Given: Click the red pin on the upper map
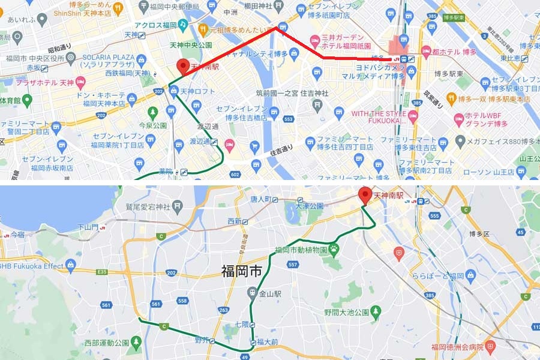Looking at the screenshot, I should (x=183, y=67).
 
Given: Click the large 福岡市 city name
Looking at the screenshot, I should (x=241, y=271).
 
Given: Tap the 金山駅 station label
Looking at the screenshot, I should (x=271, y=293).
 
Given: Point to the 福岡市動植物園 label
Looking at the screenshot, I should (x=303, y=250).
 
